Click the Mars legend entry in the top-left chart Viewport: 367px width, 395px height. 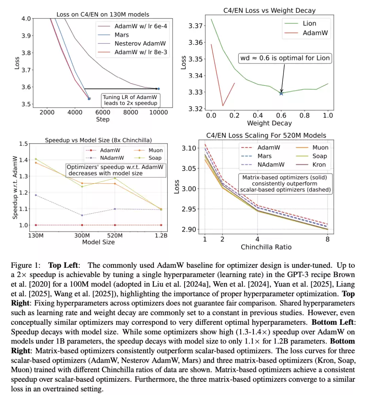pyautogui.click(x=121, y=35)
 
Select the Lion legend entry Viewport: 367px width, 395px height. pyautogui.click(x=309, y=23)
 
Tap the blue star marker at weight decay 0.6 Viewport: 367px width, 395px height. pyautogui.click(x=281, y=93)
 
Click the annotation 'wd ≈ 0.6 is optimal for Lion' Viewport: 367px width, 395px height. pyautogui.click(x=285, y=58)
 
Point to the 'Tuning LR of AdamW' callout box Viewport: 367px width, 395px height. pyautogui.click(x=130, y=100)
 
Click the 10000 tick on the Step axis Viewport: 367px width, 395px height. pyautogui.click(x=158, y=112)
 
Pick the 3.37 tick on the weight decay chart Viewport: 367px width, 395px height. pyautogui.click(x=196, y=26)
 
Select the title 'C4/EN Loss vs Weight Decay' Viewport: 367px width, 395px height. pyautogui.click(x=269, y=11)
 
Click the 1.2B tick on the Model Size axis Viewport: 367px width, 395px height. pyautogui.click(x=161, y=236)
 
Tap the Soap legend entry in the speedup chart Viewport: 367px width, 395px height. pyautogui.click(x=155, y=158)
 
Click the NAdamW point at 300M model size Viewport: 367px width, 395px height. pyautogui.click(x=82, y=215)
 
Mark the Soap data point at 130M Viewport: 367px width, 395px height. pyautogui.click(x=36, y=159)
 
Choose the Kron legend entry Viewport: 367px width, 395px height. pyautogui.click(x=319, y=165)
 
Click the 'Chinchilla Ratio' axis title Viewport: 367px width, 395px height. pyautogui.click(x=266, y=247)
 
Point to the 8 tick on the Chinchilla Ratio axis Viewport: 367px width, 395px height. pyautogui.click(x=328, y=239)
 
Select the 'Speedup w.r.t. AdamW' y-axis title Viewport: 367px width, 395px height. pyautogui.click(x=15, y=187)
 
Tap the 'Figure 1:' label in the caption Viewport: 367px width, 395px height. pyautogui.click(x=25, y=265)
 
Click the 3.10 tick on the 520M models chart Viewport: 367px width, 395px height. pyautogui.click(x=189, y=148)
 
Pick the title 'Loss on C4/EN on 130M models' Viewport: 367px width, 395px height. pyautogui.click(x=103, y=15)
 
